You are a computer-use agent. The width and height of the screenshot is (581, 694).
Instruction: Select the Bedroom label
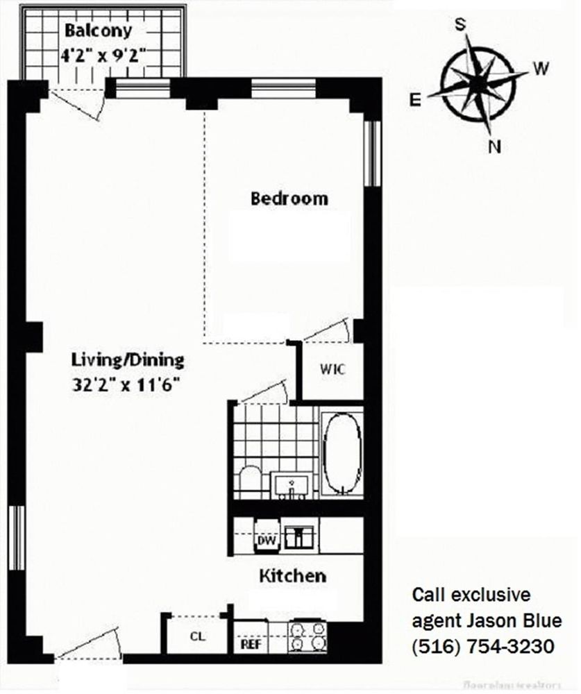(x=289, y=198)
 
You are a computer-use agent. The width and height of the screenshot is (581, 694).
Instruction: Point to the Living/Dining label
(x=128, y=360)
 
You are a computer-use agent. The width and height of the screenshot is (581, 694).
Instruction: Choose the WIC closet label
(x=332, y=369)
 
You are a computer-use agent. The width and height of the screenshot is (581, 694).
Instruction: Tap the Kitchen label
(x=292, y=575)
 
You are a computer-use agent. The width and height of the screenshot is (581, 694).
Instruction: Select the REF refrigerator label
(x=250, y=643)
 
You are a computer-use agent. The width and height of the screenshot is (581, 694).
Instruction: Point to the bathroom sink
(x=292, y=483)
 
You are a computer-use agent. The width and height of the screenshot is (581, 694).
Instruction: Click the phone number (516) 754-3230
(x=483, y=647)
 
